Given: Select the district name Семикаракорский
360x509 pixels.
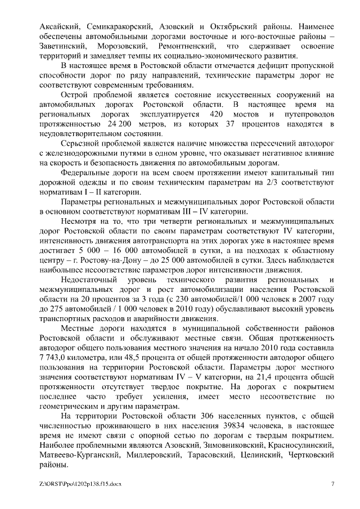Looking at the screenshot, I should coord(127,26).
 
